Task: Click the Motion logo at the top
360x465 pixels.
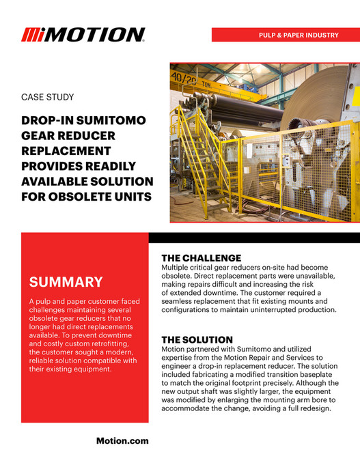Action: coord(83,35)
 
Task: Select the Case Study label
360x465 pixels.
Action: coord(48,98)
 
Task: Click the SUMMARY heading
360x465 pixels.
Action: coord(66,282)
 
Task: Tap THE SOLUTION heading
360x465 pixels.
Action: coord(197,339)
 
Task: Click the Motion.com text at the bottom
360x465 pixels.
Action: coord(122,441)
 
